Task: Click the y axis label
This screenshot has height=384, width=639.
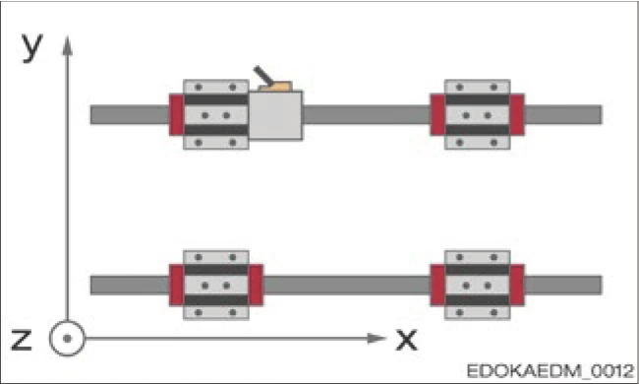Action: click(x=32, y=46)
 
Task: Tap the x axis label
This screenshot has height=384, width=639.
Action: click(x=406, y=339)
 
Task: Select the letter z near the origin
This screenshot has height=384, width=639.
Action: click(x=22, y=339)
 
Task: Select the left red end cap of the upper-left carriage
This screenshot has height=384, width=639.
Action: click(x=177, y=115)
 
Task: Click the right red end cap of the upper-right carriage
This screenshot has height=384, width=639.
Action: click(x=517, y=115)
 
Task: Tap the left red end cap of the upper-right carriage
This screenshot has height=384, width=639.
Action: click(x=438, y=115)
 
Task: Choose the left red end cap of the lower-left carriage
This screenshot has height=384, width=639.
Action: click(x=177, y=285)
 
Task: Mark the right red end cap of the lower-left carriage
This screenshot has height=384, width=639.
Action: click(x=257, y=285)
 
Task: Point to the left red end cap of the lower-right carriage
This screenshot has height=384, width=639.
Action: click(x=438, y=285)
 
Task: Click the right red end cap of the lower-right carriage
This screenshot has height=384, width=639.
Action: click(x=517, y=285)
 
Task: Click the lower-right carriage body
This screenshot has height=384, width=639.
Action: click(x=478, y=285)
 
